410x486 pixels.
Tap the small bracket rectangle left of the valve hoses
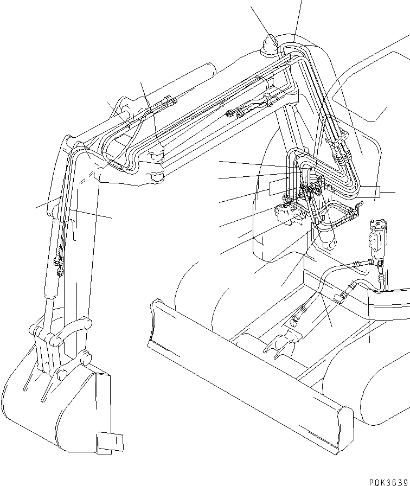point(276,187)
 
